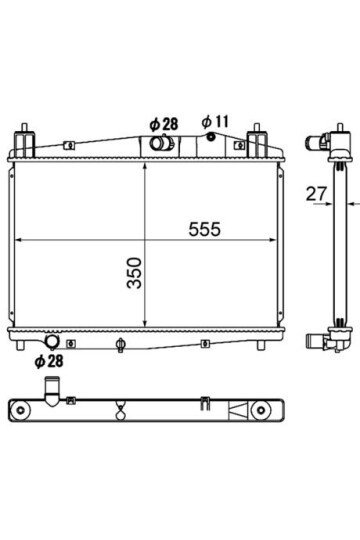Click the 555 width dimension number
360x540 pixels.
tap(204, 229)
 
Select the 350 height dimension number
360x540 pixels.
tap(134, 273)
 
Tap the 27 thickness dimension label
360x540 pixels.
tap(316, 194)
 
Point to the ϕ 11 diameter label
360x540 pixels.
tap(215, 122)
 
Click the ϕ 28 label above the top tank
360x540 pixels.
tap(164, 124)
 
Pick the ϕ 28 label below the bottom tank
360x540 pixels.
tap(49, 361)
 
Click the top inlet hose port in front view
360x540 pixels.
tap(162, 143)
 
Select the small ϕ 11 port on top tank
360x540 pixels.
tap(211, 137)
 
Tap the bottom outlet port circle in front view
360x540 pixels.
tap(53, 341)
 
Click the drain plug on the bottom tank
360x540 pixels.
tap(120, 345)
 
